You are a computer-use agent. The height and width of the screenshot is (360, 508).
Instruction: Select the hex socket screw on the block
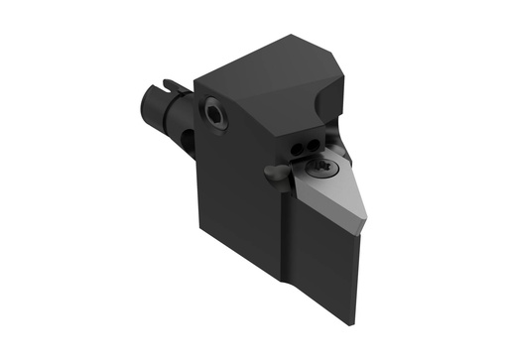215,114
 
